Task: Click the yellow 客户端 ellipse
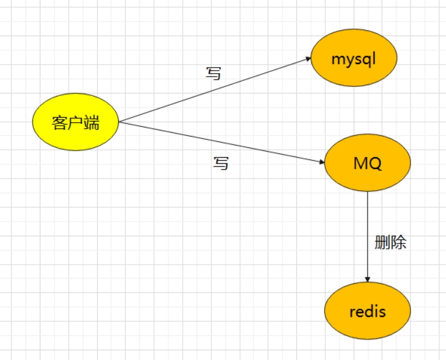(x=75, y=122)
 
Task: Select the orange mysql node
(x=354, y=59)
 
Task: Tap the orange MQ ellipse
(x=367, y=164)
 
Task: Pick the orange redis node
(x=367, y=312)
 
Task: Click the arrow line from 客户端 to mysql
(x=214, y=90)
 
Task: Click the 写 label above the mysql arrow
(x=214, y=74)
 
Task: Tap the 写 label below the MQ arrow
(x=221, y=162)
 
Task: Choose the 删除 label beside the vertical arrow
(x=390, y=243)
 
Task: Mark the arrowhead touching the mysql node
(x=307, y=59)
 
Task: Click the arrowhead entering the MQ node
(x=321, y=162)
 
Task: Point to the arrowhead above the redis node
(x=368, y=278)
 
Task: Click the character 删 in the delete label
(x=383, y=243)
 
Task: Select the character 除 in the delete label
(x=398, y=243)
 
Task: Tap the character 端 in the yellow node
(x=91, y=123)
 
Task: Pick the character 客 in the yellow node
(x=59, y=123)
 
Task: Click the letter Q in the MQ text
(x=375, y=164)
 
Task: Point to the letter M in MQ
(x=360, y=164)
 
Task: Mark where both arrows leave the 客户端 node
(x=119, y=122)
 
